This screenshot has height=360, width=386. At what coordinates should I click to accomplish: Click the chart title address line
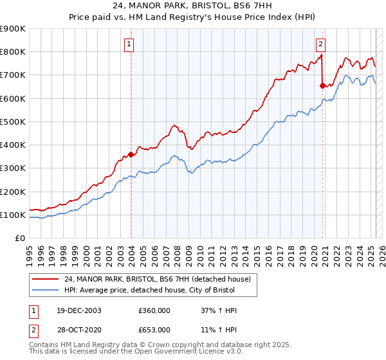(x=192, y=6)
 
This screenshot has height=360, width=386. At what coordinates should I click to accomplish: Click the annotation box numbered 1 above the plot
(x=129, y=44)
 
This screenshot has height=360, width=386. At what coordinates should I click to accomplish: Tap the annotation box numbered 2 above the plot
(x=320, y=44)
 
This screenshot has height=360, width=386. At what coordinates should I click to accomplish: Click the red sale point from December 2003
(x=131, y=154)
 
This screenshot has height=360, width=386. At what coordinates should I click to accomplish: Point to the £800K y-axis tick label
(x=12, y=52)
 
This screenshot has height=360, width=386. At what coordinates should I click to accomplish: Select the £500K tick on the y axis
(x=12, y=122)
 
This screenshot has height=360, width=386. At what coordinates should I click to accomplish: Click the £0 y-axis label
(x=21, y=238)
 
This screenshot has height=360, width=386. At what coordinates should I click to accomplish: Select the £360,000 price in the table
(x=154, y=310)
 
